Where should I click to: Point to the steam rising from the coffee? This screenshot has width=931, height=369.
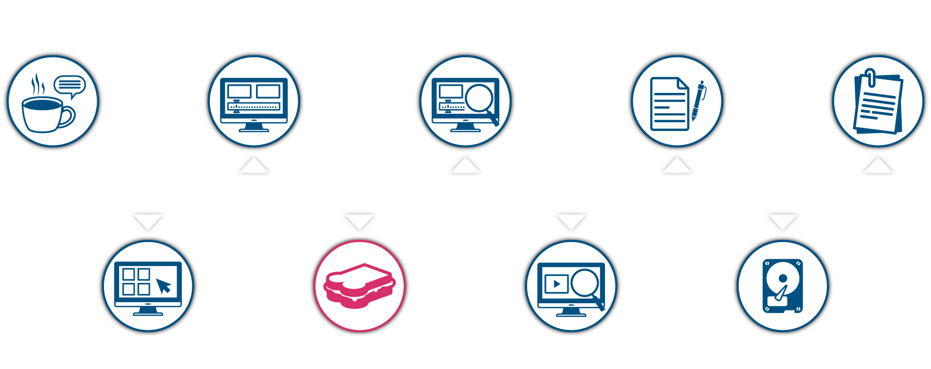37,84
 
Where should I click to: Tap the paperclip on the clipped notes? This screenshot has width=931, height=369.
870,77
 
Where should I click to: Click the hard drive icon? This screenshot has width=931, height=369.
782,286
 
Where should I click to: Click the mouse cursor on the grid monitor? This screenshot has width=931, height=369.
164,286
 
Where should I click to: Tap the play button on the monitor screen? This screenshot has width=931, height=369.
556,284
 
